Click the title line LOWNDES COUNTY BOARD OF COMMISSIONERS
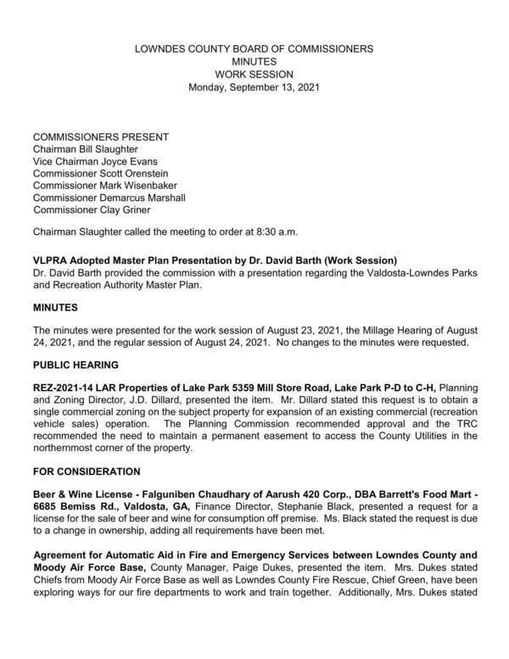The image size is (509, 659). [x=254, y=49]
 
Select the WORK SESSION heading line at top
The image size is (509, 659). [x=254, y=74]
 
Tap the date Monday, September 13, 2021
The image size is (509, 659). [x=254, y=87]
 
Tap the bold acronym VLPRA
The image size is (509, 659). [x=51, y=259]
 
